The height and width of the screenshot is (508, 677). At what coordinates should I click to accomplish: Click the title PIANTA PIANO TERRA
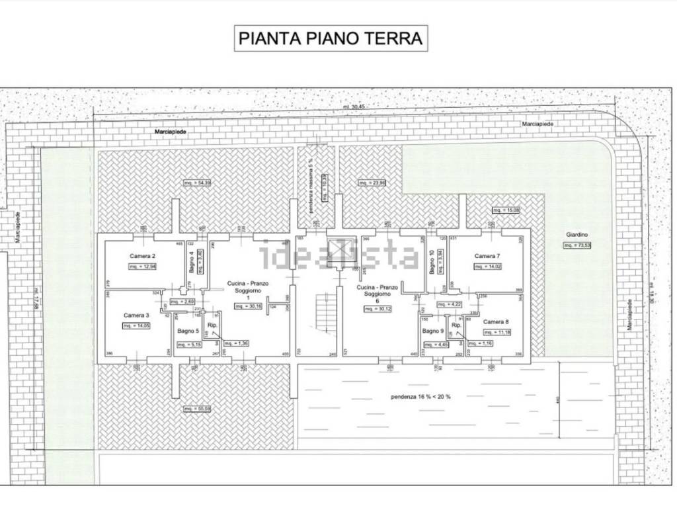point(330,38)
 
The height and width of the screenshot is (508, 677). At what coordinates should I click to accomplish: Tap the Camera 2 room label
point(142,256)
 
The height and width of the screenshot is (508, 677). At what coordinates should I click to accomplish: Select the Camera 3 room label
point(136,316)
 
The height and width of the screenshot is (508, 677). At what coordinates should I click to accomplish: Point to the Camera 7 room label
point(487,256)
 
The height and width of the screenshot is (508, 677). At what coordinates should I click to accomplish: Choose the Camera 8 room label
point(495,321)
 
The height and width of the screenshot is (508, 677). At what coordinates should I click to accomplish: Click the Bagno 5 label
point(188,331)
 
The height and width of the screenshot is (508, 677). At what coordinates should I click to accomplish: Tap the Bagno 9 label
point(433,331)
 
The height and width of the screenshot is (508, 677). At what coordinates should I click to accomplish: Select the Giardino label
point(577,235)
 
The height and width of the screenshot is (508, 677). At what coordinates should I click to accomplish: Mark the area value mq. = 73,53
point(577,246)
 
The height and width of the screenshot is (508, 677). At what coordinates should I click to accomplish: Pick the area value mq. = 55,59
point(198,409)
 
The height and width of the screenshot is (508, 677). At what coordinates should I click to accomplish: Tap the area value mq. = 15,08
point(506,211)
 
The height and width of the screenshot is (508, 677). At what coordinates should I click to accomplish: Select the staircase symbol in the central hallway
point(322,313)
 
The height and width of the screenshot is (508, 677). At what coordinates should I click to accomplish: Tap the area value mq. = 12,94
point(143,267)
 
